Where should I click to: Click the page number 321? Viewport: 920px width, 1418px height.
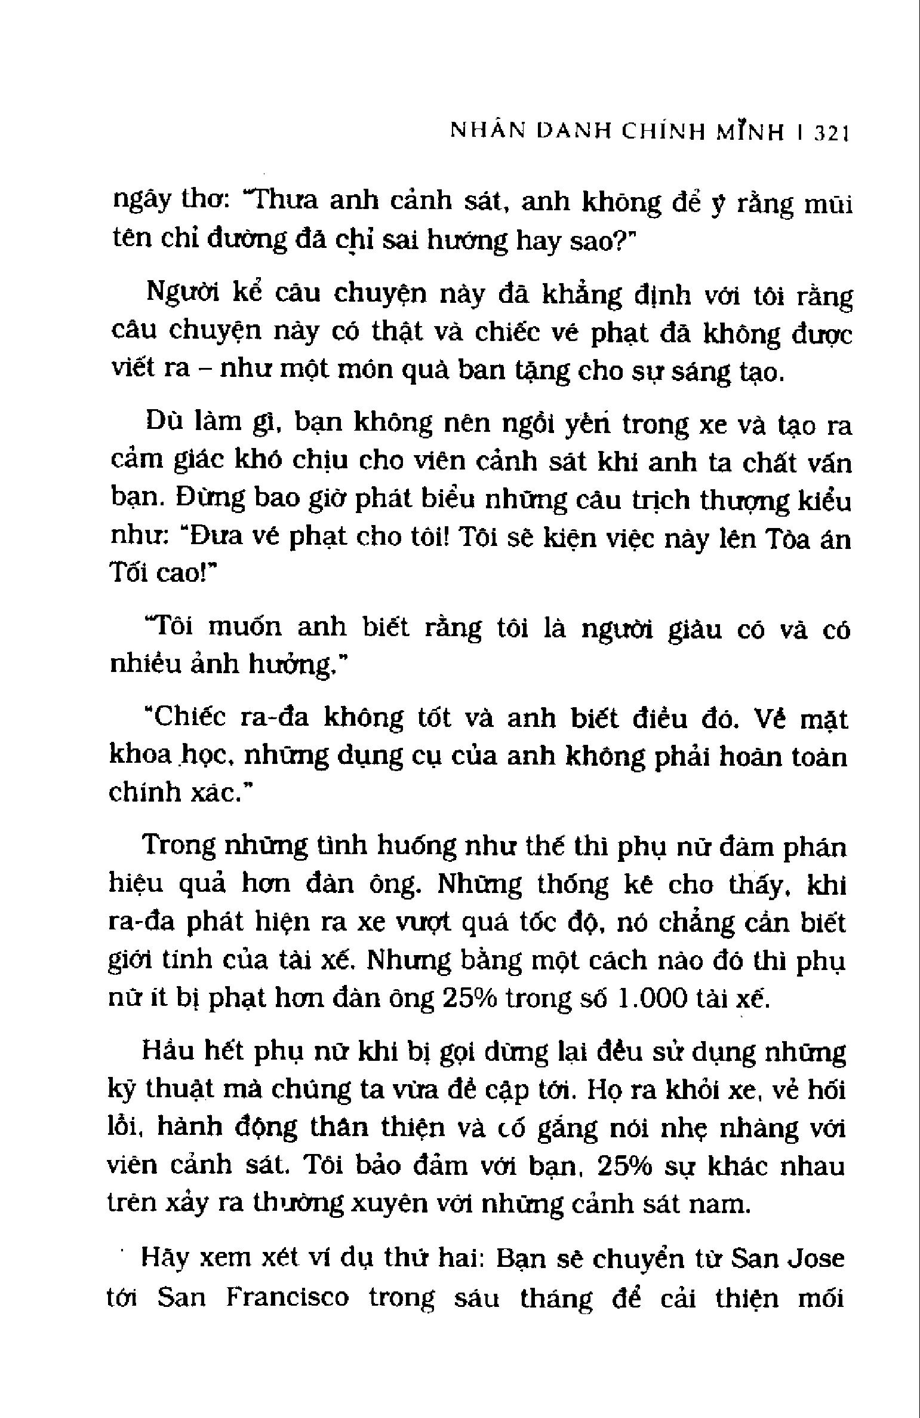[831, 150]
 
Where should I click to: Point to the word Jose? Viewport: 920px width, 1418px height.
[817, 1259]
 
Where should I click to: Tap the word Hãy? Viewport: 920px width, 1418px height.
[165, 1259]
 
